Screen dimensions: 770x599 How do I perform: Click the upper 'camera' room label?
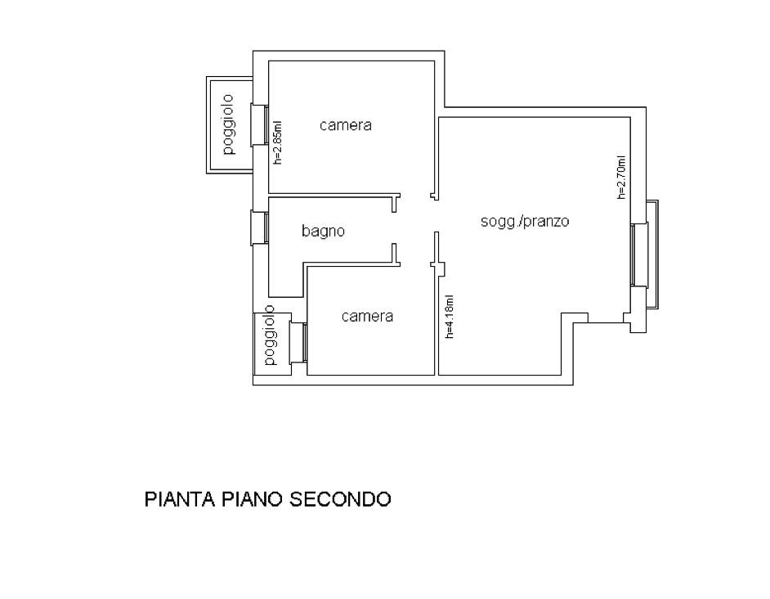pos(345,125)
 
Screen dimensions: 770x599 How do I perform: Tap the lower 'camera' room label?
pos(367,316)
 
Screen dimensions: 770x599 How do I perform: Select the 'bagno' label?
pos(323,231)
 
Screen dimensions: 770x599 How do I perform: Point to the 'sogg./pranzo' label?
pos(525,221)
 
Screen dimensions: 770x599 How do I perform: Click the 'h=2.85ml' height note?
pos(278,142)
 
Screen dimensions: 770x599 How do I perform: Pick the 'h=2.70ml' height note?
pos(622,177)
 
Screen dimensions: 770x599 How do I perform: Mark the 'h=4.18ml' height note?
pos(450,316)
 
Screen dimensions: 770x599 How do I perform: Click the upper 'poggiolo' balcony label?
pos(228,124)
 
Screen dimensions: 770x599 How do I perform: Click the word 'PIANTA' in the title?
pos(180,498)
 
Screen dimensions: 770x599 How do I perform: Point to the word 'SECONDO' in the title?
pos(340,498)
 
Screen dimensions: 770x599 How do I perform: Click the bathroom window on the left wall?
pos(260,227)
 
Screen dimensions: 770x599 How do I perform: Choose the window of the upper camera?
pos(260,124)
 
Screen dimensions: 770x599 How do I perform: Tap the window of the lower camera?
pos(298,342)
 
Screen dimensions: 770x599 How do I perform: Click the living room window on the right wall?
pos(639,254)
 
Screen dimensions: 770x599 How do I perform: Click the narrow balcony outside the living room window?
pos(653,254)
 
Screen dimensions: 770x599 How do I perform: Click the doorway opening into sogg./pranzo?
pos(435,216)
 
